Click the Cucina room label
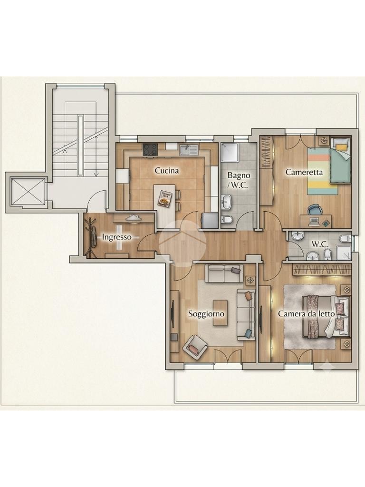click(167, 171)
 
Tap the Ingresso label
click(117, 237)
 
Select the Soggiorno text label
click(206, 314)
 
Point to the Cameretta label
click(304, 172)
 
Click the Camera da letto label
click(307, 314)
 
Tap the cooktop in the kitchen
click(150, 149)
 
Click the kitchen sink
click(189, 150)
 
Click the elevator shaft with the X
click(28, 191)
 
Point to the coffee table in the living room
click(220, 313)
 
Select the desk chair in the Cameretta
click(314, 210)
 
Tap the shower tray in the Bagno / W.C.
click(230, 153)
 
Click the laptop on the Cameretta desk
click(314, 221)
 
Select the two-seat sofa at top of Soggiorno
click(224, 273)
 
